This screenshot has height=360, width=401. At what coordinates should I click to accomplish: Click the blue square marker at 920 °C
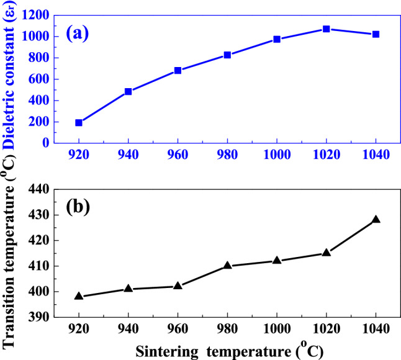(79, 122)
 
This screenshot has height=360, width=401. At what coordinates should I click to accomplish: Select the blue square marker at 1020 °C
(326, 29)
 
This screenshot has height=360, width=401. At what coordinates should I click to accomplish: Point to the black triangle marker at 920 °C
(79, 296)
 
